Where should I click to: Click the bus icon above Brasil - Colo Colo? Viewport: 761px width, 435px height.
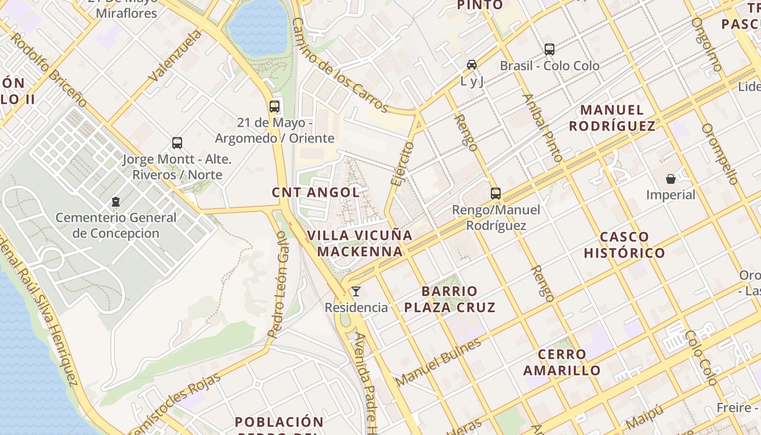point(550,49)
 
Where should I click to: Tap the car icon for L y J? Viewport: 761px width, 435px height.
point(472,65)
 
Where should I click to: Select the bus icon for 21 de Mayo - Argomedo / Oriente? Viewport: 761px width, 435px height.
point(275,107)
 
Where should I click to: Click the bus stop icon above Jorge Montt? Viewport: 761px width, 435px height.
point(177,143)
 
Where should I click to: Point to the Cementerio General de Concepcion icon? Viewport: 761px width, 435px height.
point(116,202)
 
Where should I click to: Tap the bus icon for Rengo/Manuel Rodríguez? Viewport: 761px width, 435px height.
point(496,194)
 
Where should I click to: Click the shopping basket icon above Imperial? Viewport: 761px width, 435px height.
point(671,178)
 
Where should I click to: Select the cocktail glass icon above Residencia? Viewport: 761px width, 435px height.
point(356,291)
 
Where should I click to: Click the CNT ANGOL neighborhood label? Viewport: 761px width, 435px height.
point(316,192)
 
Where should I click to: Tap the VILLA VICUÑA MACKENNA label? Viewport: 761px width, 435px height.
point(360,243)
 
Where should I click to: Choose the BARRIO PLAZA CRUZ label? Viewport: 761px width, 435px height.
point(450,299)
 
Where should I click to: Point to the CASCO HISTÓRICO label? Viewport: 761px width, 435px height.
point(624,245)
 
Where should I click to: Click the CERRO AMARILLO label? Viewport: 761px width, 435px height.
point(562,362)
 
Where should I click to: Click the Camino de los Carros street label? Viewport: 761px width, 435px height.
point(339,65)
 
